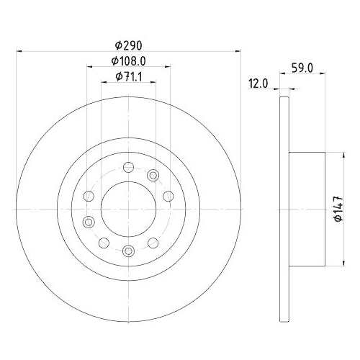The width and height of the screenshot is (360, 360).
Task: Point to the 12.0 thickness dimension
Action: click(257, 84)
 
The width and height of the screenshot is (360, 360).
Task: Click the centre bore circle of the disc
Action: click(128, 209)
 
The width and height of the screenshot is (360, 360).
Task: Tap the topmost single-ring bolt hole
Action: click(128, 168)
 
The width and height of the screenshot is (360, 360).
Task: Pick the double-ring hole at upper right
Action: click(153, 175)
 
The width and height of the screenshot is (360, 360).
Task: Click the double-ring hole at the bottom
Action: click(128, 251)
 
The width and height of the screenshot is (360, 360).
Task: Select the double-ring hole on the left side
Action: click(89, 221)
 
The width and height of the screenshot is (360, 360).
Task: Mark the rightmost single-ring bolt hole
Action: click(168, 196)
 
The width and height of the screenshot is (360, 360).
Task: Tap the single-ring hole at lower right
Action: click(153, 243)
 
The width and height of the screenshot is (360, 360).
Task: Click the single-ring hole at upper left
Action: click(89, 196)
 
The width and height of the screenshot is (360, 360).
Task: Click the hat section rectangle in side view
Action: click(307, 209)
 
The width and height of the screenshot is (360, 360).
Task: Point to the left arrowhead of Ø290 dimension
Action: click(19, 51)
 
